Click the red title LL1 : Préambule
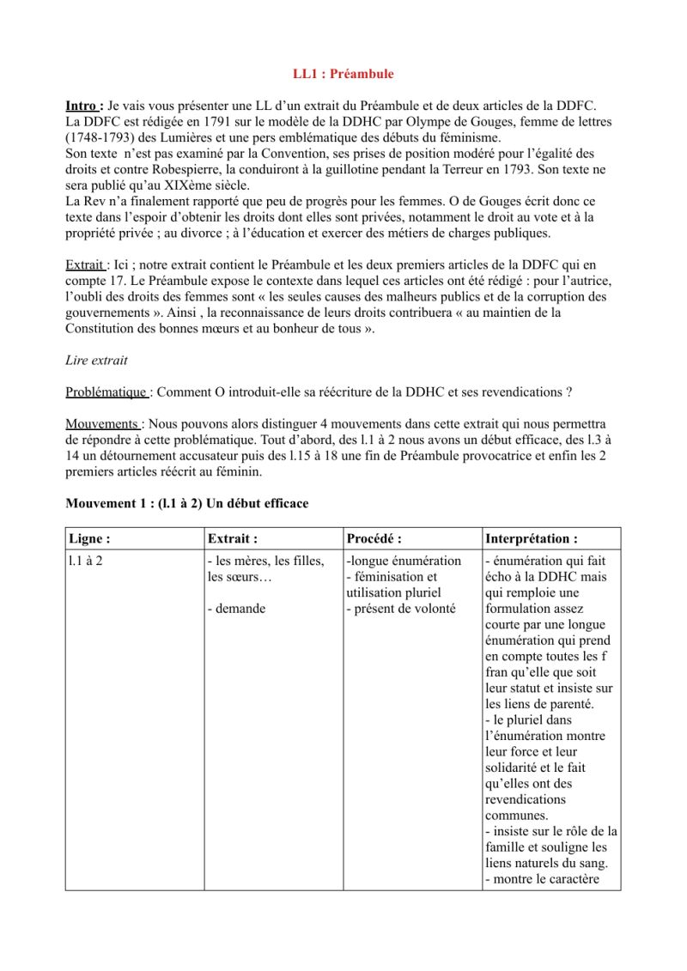343,74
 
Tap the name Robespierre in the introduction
180,170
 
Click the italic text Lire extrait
97,361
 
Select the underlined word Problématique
106,392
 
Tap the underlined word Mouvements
102,424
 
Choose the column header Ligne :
90,539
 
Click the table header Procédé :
374,539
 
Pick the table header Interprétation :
531,539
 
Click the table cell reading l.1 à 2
87,561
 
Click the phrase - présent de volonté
401,609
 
